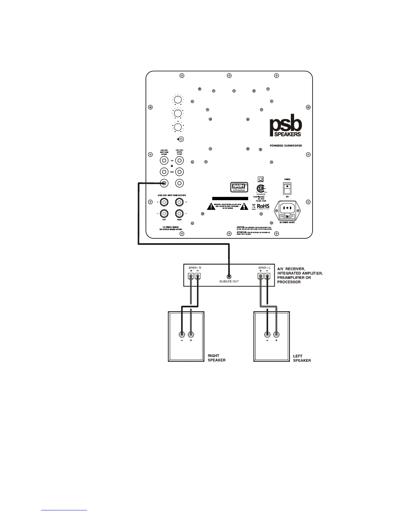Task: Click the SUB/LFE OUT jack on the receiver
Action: click(229, 277)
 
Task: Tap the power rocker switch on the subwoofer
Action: click(287, 188)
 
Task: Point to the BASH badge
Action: click(239, 187)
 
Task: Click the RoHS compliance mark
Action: click(263, 207)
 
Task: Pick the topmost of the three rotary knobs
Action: click(178, 100)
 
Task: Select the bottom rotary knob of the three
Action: click(178, 128)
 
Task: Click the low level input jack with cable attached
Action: click(164, 183)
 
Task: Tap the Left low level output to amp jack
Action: click(180, 160)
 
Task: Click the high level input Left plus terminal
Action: click(164, 202)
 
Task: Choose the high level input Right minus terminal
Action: click(180, 214)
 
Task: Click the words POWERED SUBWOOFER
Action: click(286, 146)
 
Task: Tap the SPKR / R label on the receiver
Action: click(195, 268)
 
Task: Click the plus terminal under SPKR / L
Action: click(260, 277)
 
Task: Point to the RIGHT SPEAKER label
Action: click(216, 358)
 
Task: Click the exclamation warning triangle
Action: click(211, 207)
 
